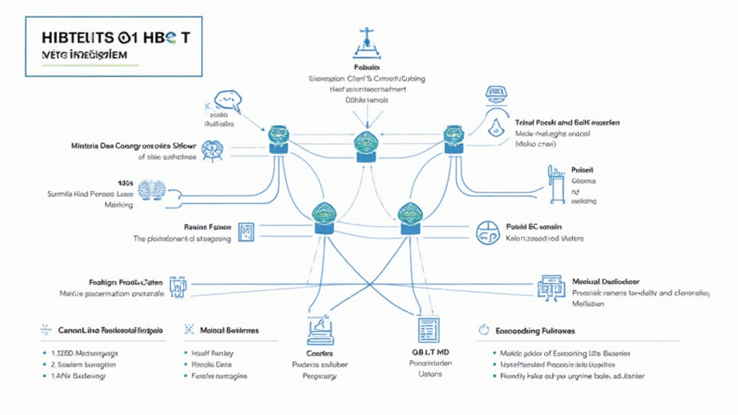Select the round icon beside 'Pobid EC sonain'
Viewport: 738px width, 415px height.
[x=487, y=232]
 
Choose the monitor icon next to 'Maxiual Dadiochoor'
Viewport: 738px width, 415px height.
[x=550, y=287]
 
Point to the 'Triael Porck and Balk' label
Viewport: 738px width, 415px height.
[x=569, y=123]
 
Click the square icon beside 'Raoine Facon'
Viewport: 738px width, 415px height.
[x=245, y=232]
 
